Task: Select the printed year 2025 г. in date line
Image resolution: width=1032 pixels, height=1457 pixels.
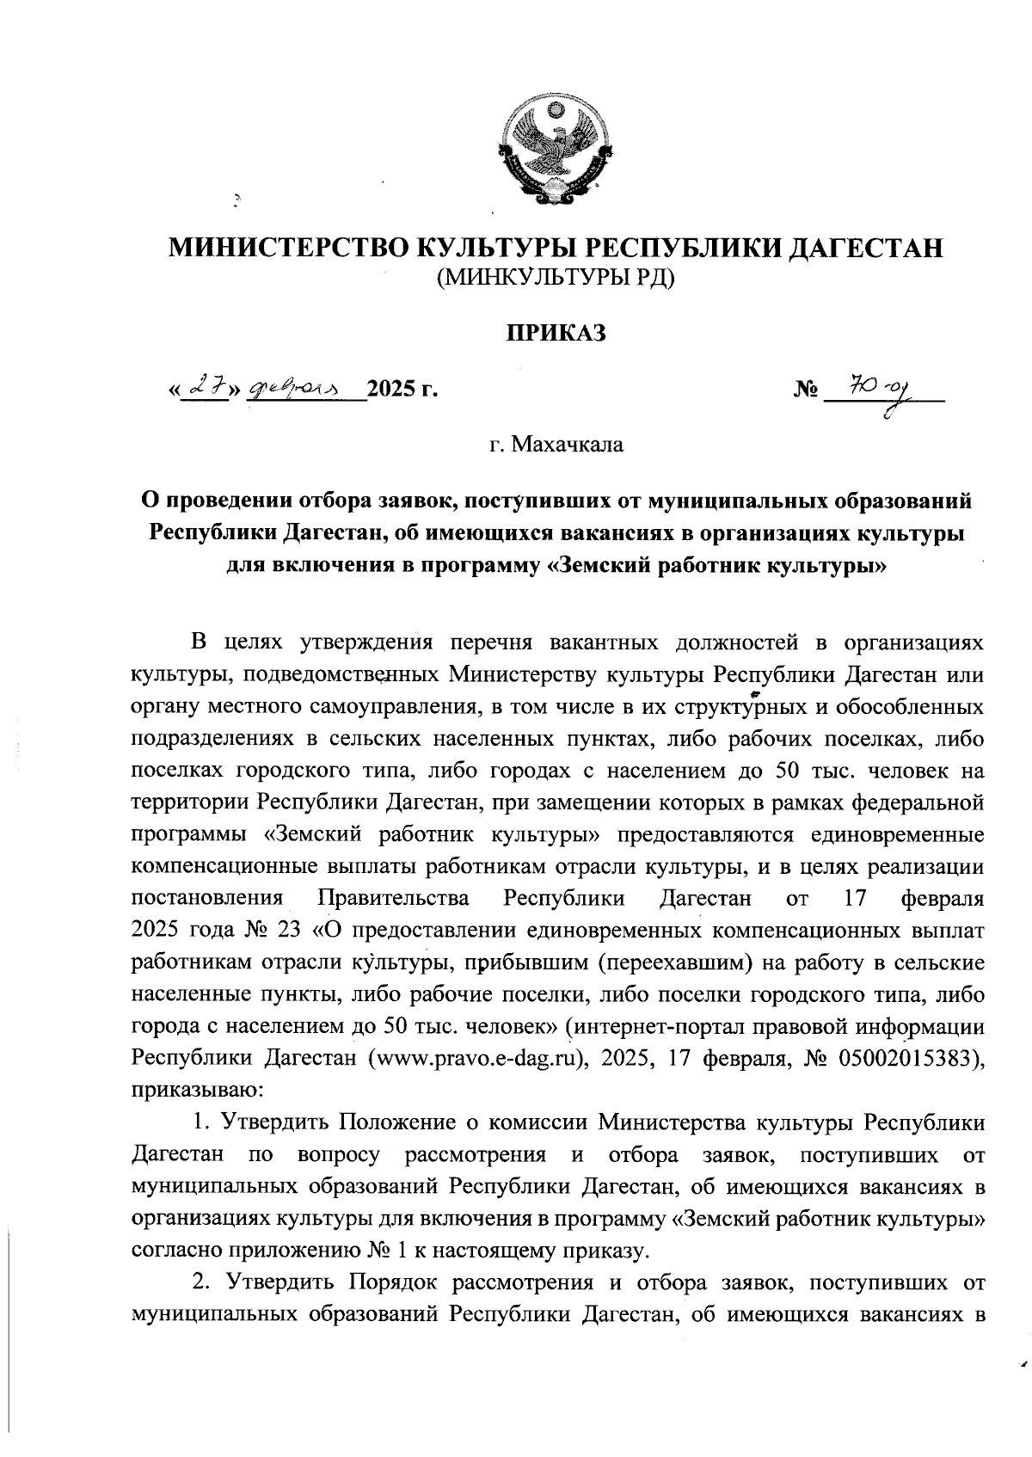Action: click(x=402, y=391)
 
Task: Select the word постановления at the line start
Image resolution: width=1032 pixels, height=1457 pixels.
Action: click(x=207, y=899)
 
